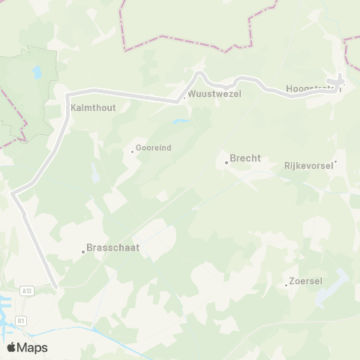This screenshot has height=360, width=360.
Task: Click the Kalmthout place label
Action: click(93, 107)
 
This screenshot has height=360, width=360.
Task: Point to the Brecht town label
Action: click(245, 158)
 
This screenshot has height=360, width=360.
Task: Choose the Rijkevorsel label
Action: click(308, 164)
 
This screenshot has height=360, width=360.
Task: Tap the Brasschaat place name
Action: click(113, 247)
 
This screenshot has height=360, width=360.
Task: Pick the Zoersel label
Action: click(308, 281)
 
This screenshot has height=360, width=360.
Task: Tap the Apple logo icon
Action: click(11, 347)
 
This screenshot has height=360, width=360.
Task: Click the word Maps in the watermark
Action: click(32, 347)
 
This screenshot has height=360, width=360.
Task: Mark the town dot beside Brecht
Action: click(226, 162)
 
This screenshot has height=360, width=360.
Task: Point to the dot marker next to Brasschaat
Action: click(83, 252)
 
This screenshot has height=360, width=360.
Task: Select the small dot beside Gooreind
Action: click(133, 151)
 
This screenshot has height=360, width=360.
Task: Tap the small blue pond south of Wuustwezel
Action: click(180, 121)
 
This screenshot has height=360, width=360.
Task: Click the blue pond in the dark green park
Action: click(36, 73)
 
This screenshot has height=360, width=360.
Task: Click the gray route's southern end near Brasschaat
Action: click(55, 286)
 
